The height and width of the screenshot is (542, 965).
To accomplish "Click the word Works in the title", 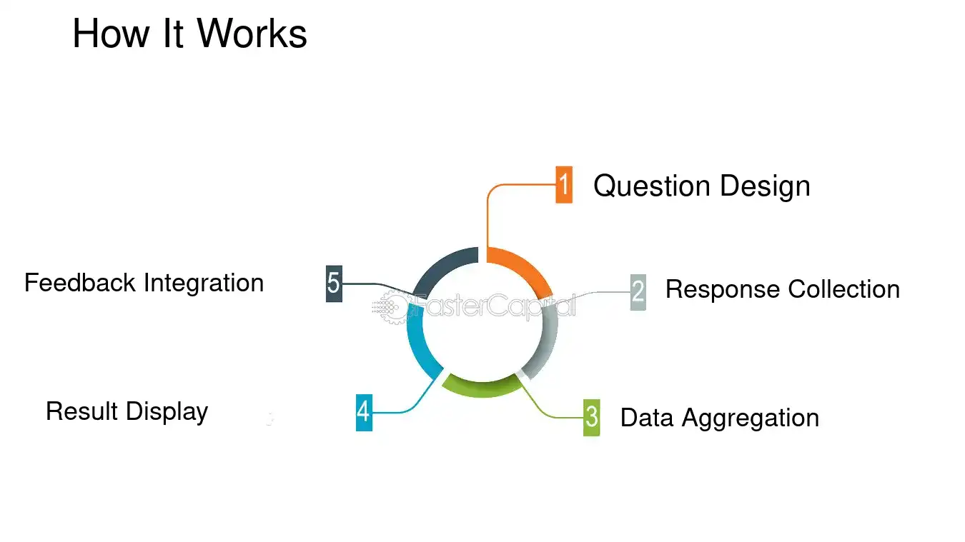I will coord(252,34).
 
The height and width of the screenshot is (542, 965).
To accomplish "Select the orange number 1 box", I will coord(564,185).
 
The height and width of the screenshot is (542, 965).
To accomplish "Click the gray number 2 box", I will coord(638,291).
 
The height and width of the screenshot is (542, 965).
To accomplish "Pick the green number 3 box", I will coord(591,417).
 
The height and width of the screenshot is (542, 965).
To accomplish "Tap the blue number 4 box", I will coord(364,412).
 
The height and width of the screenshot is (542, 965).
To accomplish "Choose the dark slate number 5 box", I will coord(334,283).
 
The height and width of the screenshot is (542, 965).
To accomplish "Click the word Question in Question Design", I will coord(652,186).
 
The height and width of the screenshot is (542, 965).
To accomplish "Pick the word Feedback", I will coord(80,283).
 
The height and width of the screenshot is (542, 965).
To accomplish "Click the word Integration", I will coord(204,283).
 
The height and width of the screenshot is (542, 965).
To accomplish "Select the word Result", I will coord(82,411).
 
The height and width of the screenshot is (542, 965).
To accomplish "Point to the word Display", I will coord(167,412).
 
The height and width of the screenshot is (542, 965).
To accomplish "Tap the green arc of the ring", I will coord(480,387).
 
